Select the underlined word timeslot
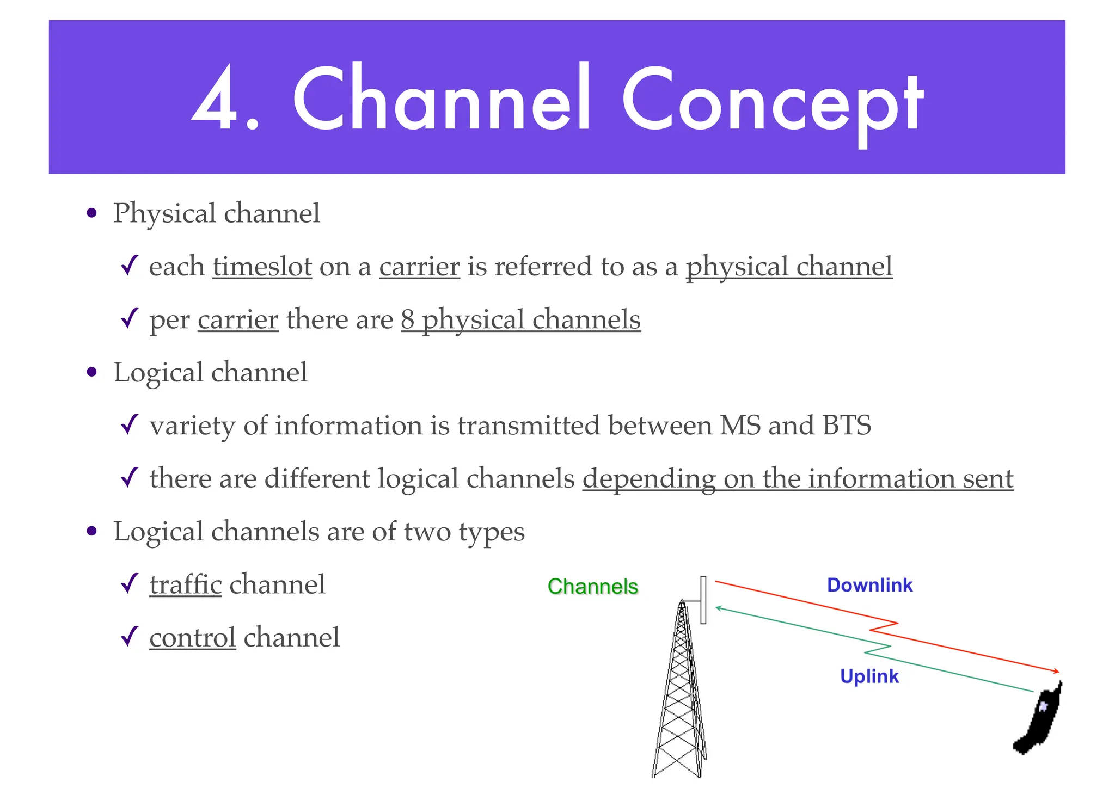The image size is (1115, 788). tap(262, 267)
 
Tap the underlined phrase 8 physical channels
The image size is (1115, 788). tap(520, 320)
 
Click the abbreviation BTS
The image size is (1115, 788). tap(847, 426)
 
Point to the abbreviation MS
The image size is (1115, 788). tap(740, 426)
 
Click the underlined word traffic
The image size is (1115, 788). tap(186, 585)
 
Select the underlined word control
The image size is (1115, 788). tap(192, 638)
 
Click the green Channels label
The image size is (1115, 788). tap(592, 587)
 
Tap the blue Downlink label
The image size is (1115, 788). tap(869, 585)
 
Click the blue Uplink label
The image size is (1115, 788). tap(869, 676)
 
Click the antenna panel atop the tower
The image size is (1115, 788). tap(703, 600)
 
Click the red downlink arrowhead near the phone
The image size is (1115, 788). tap(1056, 672)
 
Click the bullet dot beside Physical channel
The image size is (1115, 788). tap(92, 213)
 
